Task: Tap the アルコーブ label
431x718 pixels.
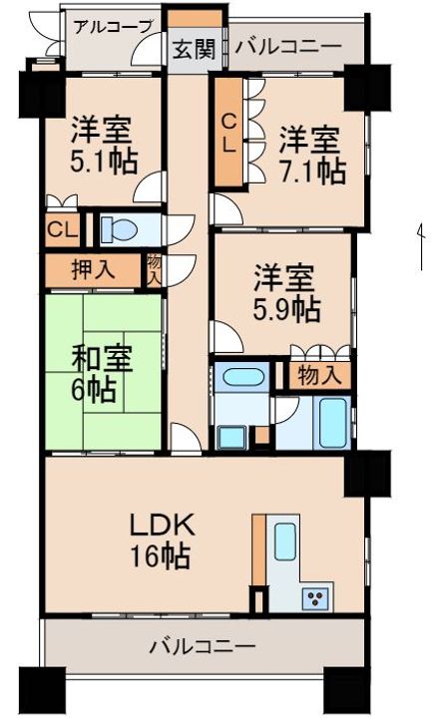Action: coord(112,28)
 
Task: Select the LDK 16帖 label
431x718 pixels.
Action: coord(160,541)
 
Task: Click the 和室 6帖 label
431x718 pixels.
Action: coord(102,374)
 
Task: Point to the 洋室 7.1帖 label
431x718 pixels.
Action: coord(312,156)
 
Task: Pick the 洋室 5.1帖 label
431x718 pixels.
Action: coord(104,146)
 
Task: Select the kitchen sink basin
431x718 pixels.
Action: coord(285,541)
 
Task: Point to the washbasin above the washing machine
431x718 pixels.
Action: coord(241,377)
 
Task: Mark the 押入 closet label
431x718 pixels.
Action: coord(93,270)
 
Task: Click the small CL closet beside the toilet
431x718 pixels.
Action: coord(63,230)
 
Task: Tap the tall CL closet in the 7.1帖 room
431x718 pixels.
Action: coord(228,134)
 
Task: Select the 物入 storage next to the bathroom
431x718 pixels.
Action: coord(319,376)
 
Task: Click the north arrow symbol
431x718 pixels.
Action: coord(420,246)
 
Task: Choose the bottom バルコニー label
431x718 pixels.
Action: coord(202,647)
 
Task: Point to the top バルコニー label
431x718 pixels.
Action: coord(288,47)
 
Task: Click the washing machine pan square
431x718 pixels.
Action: coord(230,438)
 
